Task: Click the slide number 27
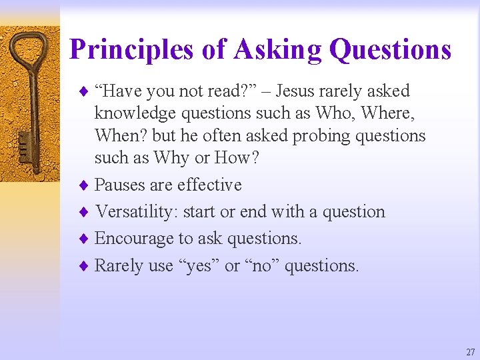[471, 352]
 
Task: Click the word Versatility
[137, 212]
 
